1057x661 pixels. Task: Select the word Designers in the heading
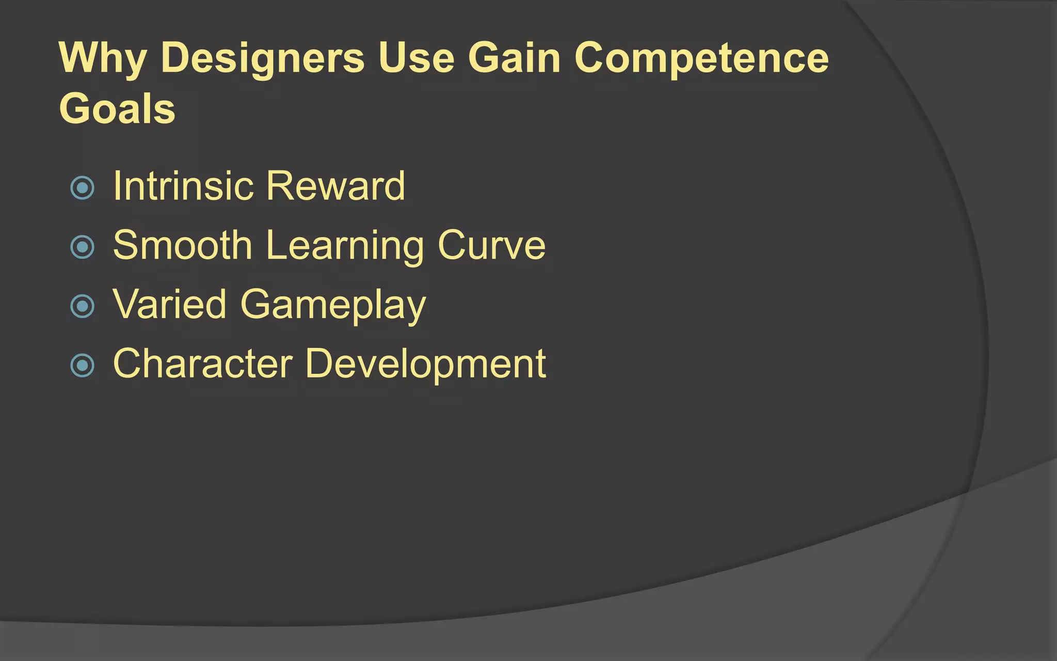263,58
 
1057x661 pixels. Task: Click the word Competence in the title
701,58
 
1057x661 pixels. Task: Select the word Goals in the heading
117,109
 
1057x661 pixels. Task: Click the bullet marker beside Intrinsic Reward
83,188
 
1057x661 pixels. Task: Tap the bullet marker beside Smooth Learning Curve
83,247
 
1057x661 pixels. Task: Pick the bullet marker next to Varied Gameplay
83,306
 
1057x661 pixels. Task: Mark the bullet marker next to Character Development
83,366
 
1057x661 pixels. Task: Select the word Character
203,364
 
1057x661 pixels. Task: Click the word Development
425,365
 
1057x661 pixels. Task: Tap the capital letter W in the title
78,57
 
